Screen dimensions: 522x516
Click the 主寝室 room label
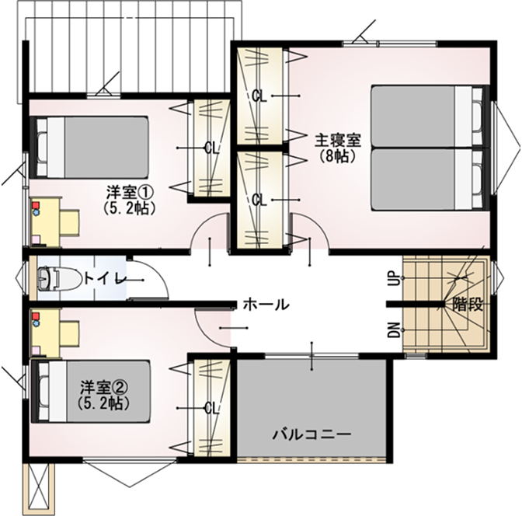[x=338, y=141]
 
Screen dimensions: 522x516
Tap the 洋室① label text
[x=130, y=193]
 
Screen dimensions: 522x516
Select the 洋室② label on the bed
[x=104, y=388]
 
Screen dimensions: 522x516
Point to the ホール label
[x=266, y=305]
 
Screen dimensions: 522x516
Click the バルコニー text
[x=312, y=434]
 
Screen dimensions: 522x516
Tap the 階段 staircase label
[x=468, y=305]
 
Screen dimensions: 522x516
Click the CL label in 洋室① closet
[x=212, y=148]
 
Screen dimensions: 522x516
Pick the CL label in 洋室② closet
[x=212, y=408]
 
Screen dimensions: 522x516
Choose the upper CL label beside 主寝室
[x=259, y=96]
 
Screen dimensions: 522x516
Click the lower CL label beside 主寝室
[x=259, y=200]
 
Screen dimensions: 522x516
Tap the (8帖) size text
[x=338, y=156]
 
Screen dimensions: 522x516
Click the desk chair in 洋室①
[x=70, y=223]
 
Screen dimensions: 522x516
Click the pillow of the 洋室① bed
[x=42, y=147]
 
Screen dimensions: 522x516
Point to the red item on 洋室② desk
[x=36, y=316]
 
